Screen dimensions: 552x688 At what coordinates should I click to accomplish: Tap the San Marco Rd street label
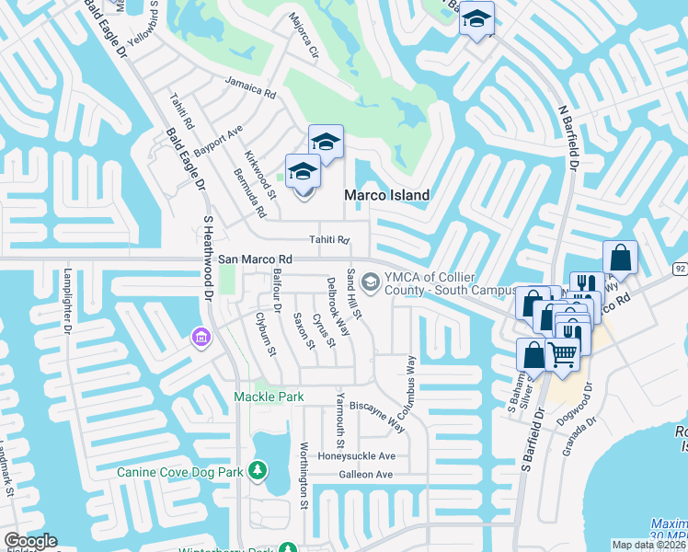[x=255, y=259]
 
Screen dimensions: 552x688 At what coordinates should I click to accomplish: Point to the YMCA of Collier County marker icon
[x=371, y=282]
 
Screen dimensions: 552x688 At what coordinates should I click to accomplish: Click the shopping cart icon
[x=563, y=352]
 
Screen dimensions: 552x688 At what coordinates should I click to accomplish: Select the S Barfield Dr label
[x=533, y=431]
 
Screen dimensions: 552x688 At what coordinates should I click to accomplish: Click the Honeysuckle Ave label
[x=356, y=455]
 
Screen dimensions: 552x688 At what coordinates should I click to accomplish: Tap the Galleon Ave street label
[x=365, y=475]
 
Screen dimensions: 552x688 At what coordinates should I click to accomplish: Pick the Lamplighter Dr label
[x=67, y=301]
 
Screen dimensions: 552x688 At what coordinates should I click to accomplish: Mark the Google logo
[x=29, y=541]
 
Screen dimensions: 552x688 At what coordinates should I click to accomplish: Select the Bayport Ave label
[x=217, y=138]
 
